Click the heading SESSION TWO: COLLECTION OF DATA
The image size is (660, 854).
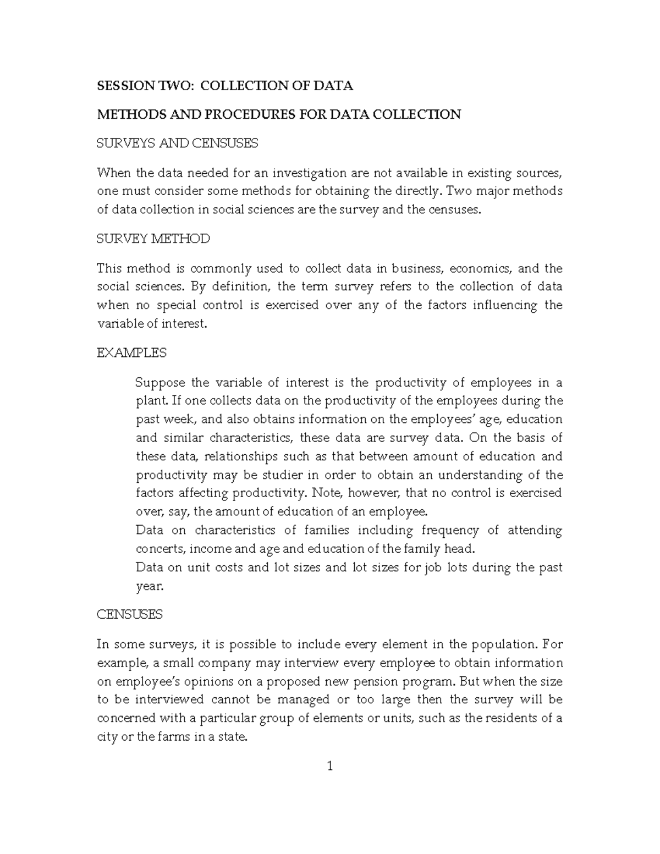click(224, 86)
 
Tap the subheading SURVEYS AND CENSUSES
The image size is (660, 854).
click(177, 144)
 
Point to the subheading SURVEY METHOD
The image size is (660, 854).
click(153, 239)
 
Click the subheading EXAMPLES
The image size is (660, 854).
click(131, 352)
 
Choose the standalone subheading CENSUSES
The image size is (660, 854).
click(129, 614)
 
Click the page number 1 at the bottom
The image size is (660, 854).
click(330, 765)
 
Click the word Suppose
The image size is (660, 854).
click(159, 382)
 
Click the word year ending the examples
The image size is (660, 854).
click(149, 586)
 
